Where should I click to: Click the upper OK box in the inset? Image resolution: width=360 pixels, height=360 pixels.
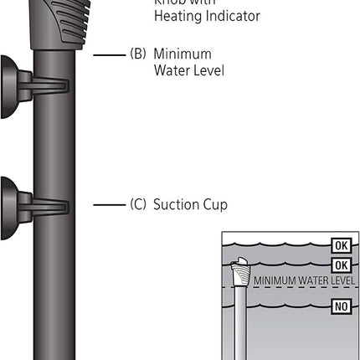pos(339,245)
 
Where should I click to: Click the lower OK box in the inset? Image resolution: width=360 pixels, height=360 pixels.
pos(339,265)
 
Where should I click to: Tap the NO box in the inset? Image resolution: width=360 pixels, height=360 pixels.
pos(339,305)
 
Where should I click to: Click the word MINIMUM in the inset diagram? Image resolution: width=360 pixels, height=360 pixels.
pos(274,280)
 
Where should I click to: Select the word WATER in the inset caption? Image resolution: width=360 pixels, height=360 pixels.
pos(313,280)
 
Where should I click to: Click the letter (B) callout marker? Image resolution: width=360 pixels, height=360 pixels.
pos(138,54)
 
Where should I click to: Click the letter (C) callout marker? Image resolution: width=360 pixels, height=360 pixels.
pos(138,203)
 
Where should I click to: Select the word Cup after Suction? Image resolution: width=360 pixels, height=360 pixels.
pos(217,203)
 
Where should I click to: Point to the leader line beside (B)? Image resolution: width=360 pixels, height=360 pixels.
pos(108,54)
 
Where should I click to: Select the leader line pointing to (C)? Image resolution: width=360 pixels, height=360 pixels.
pos(108,204)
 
